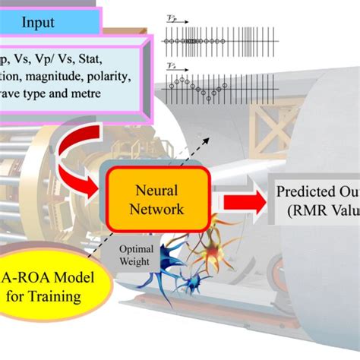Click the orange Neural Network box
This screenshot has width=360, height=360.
point(158,196)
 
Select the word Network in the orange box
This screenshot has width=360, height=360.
point(158,206)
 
